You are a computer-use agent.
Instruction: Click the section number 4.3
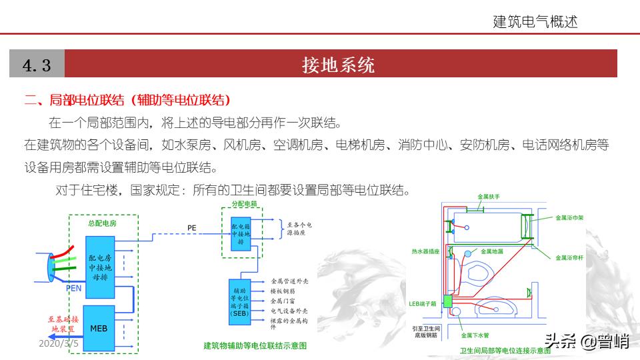(x=37, y=65)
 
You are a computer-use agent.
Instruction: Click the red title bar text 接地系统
(x=338, y=65)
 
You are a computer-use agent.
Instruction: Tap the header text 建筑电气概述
(x=535, y=21)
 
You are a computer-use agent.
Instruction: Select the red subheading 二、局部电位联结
(x=127, y=100)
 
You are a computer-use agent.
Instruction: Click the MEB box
(x=98, y=329)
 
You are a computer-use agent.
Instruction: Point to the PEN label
(x=74, y=288)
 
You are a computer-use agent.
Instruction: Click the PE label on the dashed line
(x=191, y=228)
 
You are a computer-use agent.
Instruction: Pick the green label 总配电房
(x=102, y=223)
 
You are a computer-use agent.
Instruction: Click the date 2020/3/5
(x=59, y=343)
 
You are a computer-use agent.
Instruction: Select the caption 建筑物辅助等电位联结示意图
(x=255, y=345)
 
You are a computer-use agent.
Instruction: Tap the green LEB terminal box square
(x=448, y=302)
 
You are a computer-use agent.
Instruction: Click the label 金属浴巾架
(x=569, y=217)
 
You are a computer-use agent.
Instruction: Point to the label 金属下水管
(x=474, y=335)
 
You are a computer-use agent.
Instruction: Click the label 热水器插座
(x=425, y=251)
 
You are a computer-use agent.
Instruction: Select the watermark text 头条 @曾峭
(x=587, y=341)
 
